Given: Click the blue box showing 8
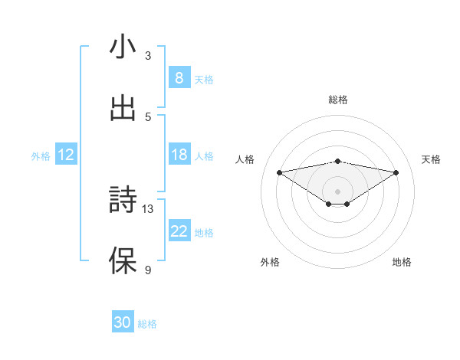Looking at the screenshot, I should (x=179, y=77).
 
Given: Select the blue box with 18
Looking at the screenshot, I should (x=179, y=155).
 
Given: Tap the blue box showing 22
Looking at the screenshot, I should (x=179, y=231).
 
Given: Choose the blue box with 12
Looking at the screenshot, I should (x=66, y=155).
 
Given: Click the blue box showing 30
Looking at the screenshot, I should (x=123, y=323).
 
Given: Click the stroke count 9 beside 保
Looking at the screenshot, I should (x=148, y=270).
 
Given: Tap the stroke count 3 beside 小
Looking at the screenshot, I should (x=148, y=56).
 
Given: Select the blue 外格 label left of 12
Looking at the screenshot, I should (x=41, y=156).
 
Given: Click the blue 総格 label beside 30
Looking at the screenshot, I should (x=147, y=324).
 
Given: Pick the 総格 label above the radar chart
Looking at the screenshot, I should (x=337, y=100).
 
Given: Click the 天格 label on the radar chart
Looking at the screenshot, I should (x=432, y=159).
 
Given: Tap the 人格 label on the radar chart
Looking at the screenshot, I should (x=245, y=159).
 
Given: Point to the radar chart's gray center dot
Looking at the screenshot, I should (x=337, y=191).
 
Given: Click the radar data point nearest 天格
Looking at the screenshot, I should (x=396, y=172).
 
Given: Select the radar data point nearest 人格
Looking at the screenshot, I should (x=280, y=172).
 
